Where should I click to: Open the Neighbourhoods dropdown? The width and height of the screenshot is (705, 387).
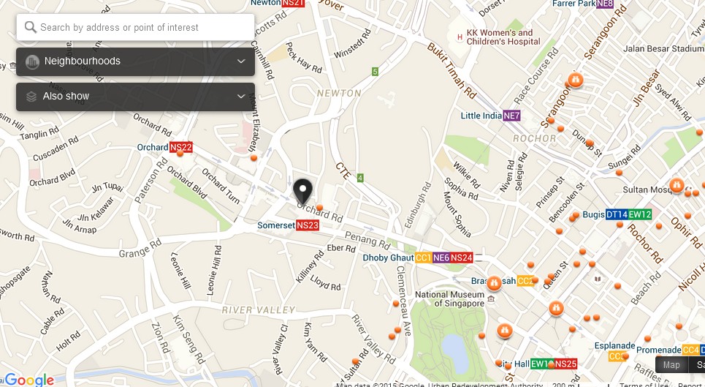click(x=135, y=61)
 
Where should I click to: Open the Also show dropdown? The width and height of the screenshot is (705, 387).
click(x=135, y=97)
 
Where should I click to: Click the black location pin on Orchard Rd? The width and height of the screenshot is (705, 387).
click(x=302, y=192)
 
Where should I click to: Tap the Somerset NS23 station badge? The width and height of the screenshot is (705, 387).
click(x=308, y=226)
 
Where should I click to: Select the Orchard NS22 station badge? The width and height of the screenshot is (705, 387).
click(x=181, y=147)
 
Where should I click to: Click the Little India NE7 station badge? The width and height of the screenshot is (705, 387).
click(x=511, y=116)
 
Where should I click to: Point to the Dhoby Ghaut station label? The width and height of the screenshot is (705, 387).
click(x=388, y=258)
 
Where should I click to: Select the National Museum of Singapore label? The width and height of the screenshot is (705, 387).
click(x=449, y=298)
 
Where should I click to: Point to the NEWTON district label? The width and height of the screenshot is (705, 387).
click(x=339, y=94)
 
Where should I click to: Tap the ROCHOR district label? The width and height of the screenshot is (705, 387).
click(x=534, y=138)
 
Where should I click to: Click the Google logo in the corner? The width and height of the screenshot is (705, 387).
click(x=28, y=379)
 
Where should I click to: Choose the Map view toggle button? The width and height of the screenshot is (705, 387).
click(x=671, y=365)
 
